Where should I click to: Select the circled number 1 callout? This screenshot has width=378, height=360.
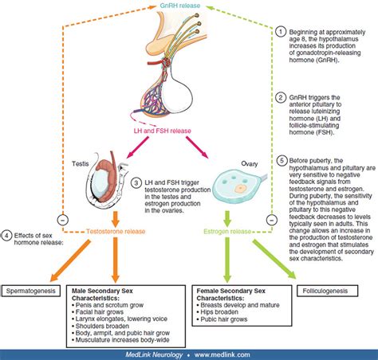281,29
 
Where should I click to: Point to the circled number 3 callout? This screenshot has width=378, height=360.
137,183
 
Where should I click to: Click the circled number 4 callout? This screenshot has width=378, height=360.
7,234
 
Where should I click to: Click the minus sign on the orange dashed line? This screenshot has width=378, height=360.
29,215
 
